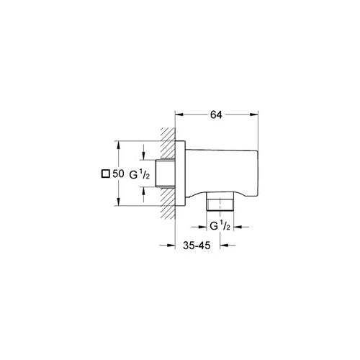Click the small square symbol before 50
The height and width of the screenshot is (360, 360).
[x=105, y=174]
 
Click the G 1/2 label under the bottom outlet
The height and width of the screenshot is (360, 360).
[x=220, y=227]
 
